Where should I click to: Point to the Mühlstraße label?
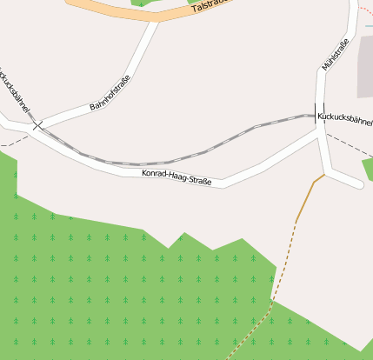(335, 55)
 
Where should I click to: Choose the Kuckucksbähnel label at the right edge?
(345, 118)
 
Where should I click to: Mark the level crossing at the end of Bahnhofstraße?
(37, 125)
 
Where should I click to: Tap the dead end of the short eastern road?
(358, 183)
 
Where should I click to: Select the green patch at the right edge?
(368, 170)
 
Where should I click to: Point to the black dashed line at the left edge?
(10, 140)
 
